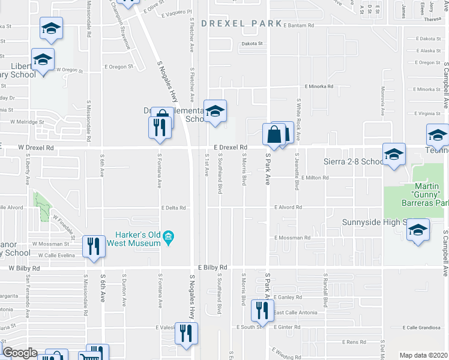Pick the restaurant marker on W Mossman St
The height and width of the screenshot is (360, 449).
pos(94,246)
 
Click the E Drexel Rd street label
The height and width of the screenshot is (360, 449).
pos(231,147)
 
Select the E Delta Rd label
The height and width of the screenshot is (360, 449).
pos(173,208)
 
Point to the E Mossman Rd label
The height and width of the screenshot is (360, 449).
pos(292,238)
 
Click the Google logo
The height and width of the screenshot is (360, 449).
pos(20,353)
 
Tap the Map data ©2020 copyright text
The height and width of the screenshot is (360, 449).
pos(423,355)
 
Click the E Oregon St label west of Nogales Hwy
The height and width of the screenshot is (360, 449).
pos(118,67)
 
